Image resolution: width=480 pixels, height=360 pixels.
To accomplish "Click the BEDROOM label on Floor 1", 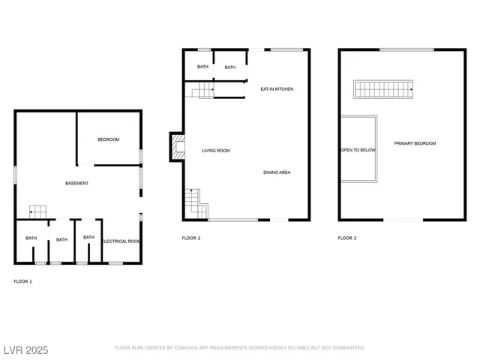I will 108,140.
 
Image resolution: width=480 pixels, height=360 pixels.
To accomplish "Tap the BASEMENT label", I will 77,184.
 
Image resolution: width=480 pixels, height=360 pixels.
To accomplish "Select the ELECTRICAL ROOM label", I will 121,241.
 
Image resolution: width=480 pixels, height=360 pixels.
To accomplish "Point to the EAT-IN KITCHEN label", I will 277,90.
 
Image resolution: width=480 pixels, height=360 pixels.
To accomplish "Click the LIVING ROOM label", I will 215,151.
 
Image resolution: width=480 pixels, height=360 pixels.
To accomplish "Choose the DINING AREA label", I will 277,172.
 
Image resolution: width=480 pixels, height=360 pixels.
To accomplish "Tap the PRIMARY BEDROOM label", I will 415,143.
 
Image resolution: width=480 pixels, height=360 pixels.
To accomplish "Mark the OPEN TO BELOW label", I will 358,150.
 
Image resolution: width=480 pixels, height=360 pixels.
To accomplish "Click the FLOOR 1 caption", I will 23,281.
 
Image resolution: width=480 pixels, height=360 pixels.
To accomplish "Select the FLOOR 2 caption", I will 191,238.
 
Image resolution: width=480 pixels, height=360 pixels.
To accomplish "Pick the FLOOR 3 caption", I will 347,238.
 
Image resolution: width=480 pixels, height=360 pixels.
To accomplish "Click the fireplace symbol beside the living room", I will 177,147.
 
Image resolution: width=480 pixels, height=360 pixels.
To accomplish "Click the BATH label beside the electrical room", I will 89,238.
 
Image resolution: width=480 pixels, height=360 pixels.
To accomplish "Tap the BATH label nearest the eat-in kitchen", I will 230,67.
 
